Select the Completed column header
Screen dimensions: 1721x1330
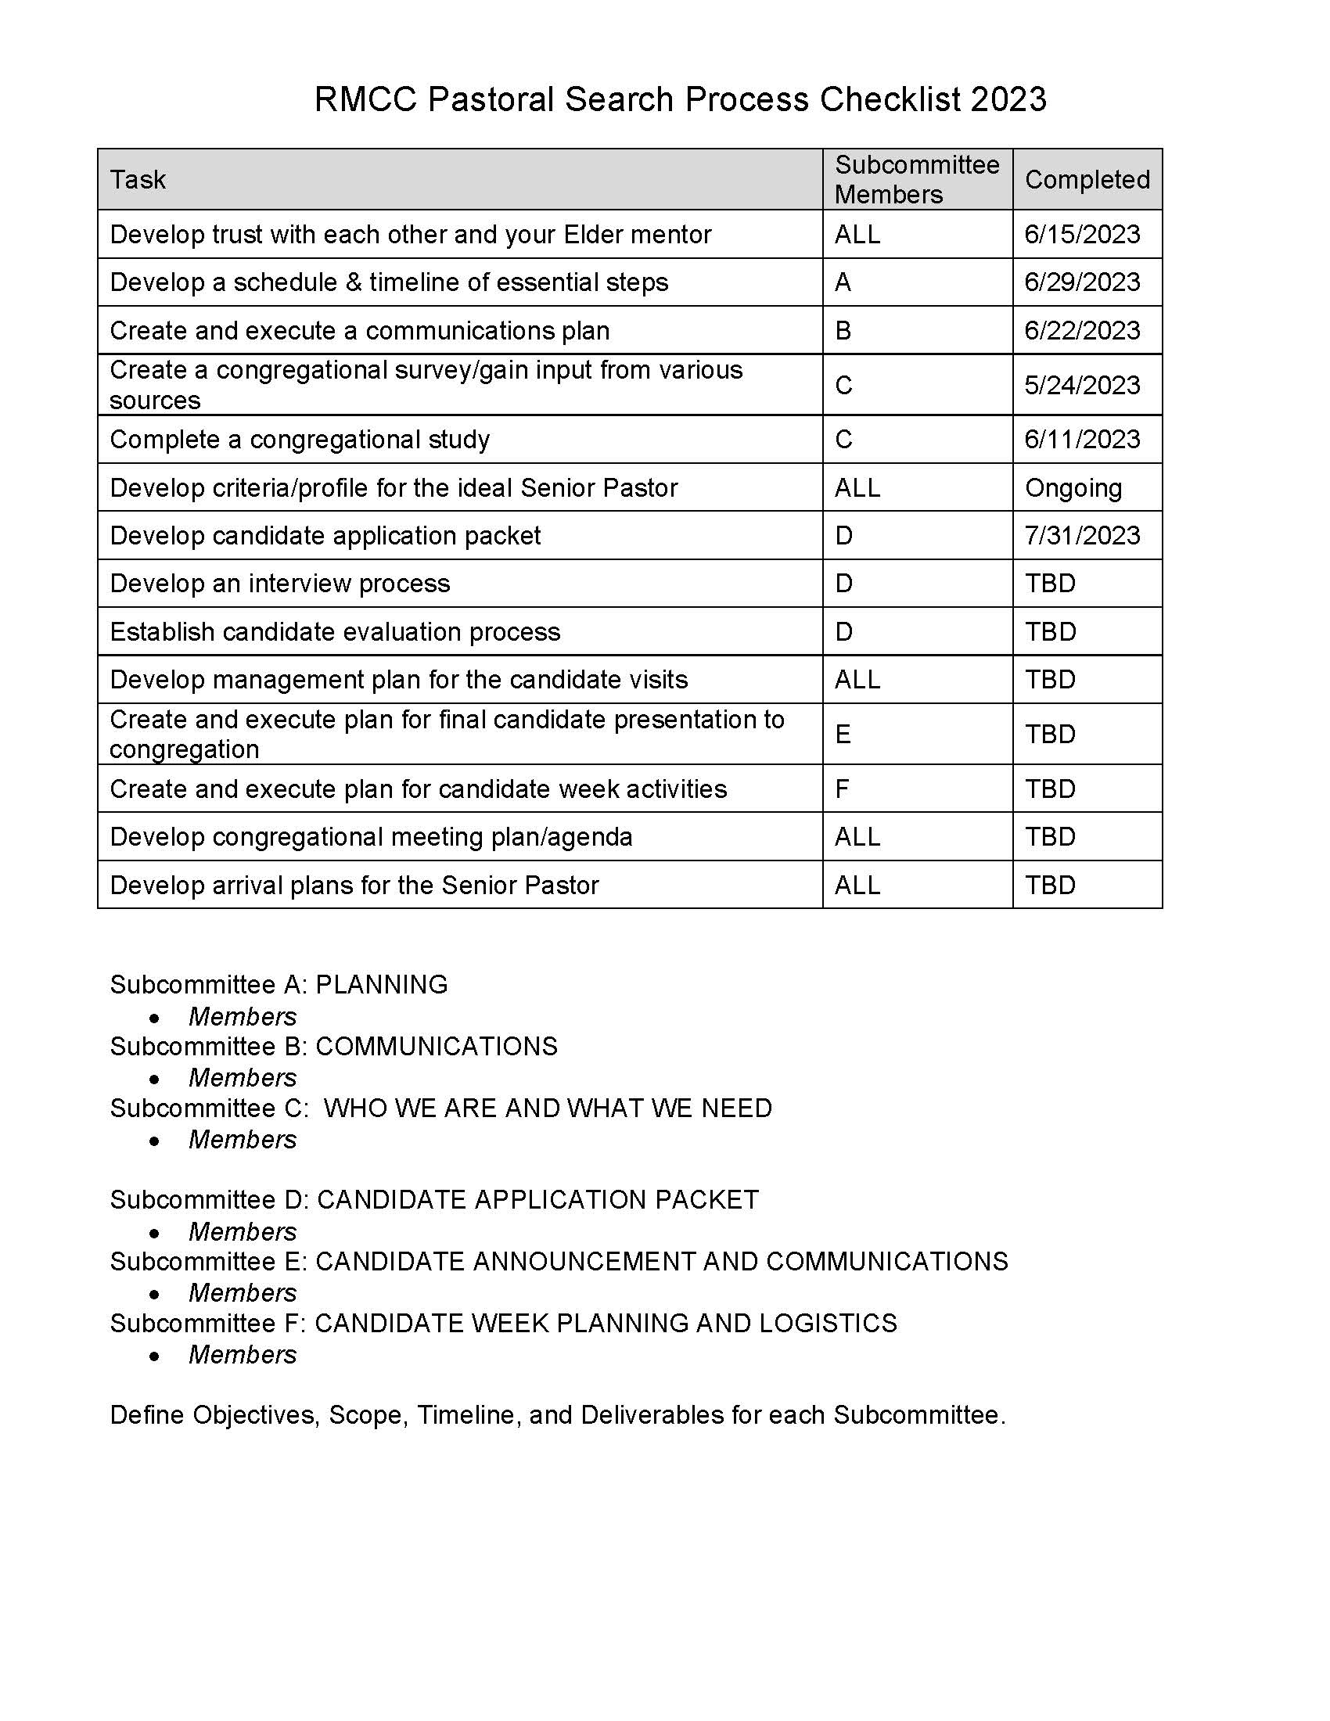[1087, 180]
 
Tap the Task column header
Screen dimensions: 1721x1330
[138, 180]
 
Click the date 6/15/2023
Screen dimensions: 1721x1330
[1082, 234]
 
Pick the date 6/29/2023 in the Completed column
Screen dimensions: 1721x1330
[1082, 282]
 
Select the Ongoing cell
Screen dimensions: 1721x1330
[1073, 488]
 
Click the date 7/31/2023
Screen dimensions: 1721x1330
[1082, 536]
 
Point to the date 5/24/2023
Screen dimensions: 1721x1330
[1082, 386]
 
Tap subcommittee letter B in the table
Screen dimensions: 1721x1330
[843, 330]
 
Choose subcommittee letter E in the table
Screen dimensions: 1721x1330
[843, 735]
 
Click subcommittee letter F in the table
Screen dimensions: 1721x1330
[842, 789]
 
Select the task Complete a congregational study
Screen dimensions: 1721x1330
[300, 440]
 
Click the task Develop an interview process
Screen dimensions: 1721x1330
[280, 584]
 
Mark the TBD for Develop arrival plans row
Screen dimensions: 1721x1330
[1049, 885]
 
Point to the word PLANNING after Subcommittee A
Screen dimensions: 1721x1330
[381, 985]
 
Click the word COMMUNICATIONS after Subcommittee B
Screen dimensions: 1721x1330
[437, 1047]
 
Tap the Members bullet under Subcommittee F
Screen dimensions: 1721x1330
[243, 1355]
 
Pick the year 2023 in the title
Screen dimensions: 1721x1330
[1008, 100]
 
